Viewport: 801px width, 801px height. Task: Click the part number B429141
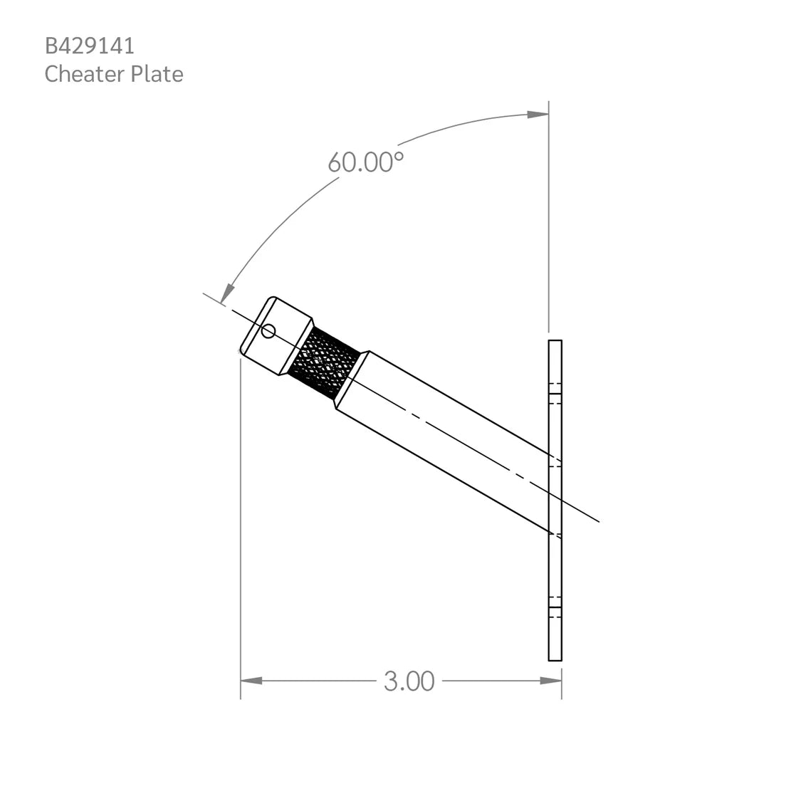(89, 46)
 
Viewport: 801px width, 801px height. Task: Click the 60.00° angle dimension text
(365, 163)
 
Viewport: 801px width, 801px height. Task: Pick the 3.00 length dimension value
(409, 681)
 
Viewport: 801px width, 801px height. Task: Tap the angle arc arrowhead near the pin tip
(228, 293)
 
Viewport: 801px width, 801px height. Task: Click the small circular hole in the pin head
(269, 330)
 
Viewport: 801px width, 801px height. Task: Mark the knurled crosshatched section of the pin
(324, 362)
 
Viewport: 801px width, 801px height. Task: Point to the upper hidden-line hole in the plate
(555, 394)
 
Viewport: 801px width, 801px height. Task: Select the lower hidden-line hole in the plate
(555, 602)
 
